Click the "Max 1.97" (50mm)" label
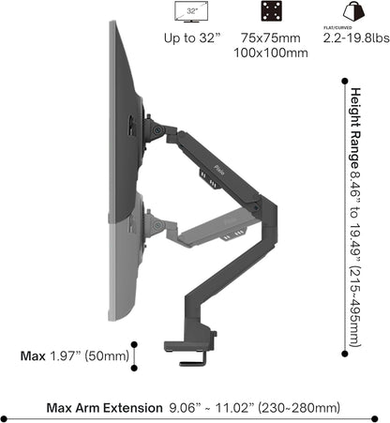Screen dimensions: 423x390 click(75, 355)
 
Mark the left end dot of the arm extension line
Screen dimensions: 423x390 click(5, 419)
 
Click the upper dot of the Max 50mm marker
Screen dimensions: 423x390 click(135, 343)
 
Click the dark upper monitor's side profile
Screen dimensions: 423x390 click(122, 103)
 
